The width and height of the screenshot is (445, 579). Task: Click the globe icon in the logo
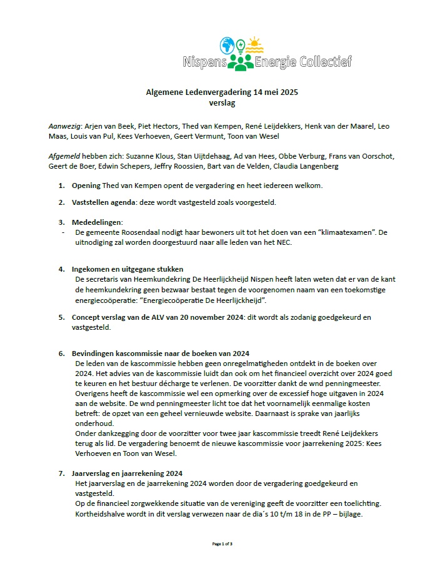coord(227,46)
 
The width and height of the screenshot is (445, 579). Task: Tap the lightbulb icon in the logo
coord(241,46)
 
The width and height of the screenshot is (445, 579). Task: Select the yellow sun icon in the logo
coord(255,46)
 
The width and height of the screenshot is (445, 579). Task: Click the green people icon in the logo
coord(240,61)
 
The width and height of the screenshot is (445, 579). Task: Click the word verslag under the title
coord(222,102)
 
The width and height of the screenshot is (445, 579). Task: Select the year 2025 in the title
coord(287,92)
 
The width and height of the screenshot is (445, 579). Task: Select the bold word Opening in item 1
coord(86,186)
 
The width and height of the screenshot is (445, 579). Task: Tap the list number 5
coord(61,317)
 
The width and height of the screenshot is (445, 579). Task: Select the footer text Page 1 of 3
coord(222,544)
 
